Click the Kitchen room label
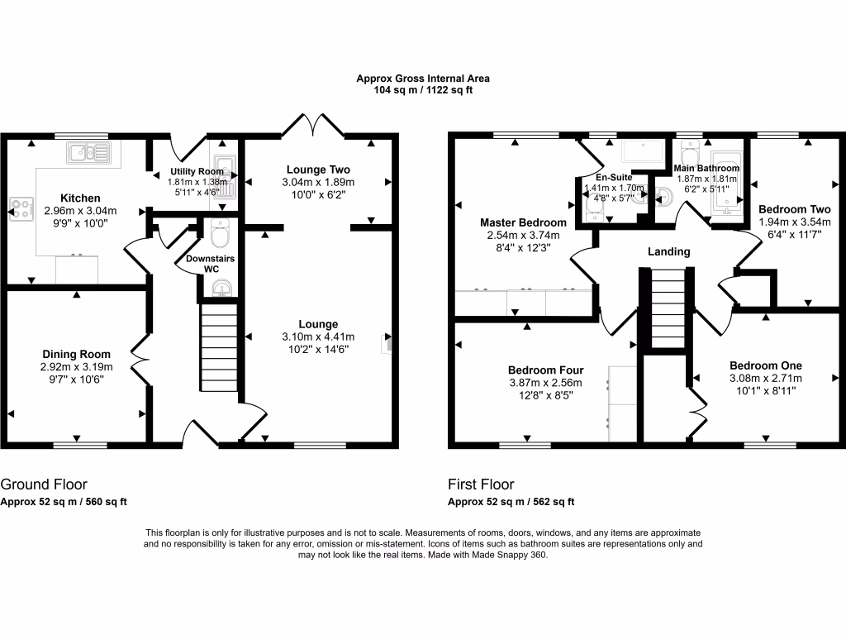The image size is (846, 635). pyautogui.click(x=81, y=198)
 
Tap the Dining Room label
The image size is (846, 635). pyautogui.click(x=76, y=355)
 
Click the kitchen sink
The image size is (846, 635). pyautogui.click(x=90, y=152)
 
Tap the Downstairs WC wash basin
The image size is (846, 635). pyautogui.click(x=221, y=289)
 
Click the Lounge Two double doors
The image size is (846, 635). pyautogui.click(x=314, y=127)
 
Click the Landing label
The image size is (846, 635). pyautogui.click(x=669, y=252)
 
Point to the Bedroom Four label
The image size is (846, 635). pyautogui.click(x=546, y=370)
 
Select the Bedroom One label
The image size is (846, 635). pyautogui.click(x=765, y=365)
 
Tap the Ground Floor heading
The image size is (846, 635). pyautogui.click(x=44, y=485)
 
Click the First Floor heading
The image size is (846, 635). pyautogui.click(x=481, y=485)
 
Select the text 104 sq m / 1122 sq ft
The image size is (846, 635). pyautogui.click(x=422, y=90)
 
